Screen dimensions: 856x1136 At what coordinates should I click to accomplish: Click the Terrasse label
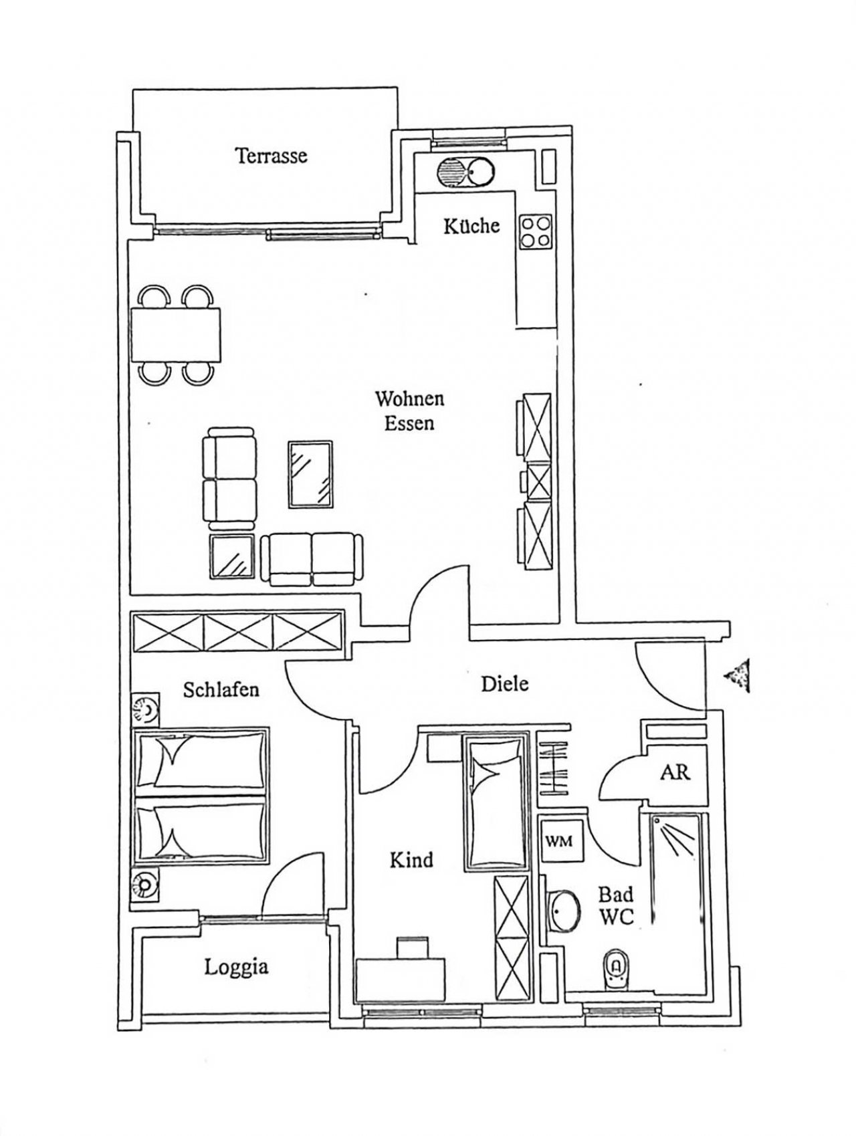click(271, 156)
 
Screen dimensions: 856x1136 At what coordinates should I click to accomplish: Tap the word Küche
click(471, 225)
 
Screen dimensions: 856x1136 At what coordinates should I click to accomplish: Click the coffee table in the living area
click(310, 473)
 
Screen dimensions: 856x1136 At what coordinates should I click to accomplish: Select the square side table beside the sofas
click(232, 556)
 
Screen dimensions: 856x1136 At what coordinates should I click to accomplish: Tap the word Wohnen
click(409, 399)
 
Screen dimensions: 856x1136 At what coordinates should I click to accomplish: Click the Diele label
click(505, 683)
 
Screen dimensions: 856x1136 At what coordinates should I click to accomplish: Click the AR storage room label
click(675, 772)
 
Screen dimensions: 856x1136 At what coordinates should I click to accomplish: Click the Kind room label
click(411, 860)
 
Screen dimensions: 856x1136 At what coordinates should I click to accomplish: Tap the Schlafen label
click(221, 689)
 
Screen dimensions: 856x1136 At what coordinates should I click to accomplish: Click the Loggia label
click(237, 967)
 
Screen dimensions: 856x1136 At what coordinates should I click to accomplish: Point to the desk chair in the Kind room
click(411, 948)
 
